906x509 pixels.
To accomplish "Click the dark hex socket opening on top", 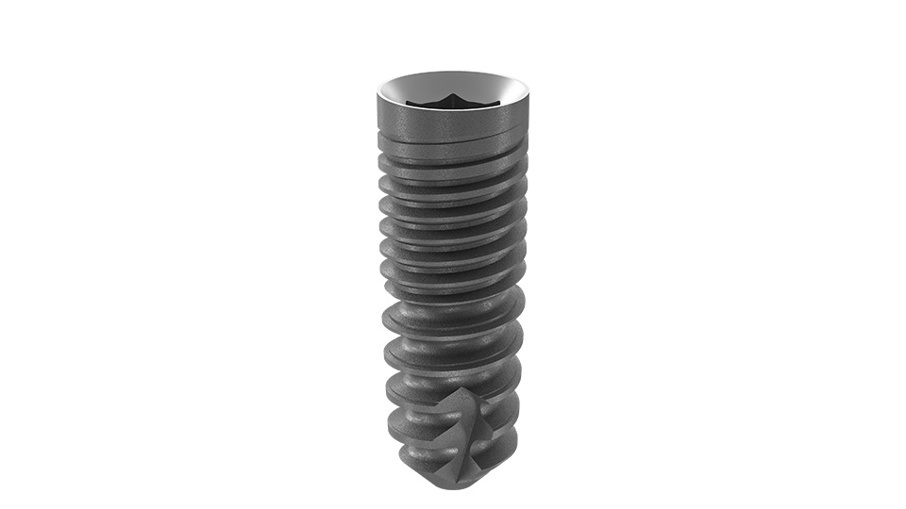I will (449, 101).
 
